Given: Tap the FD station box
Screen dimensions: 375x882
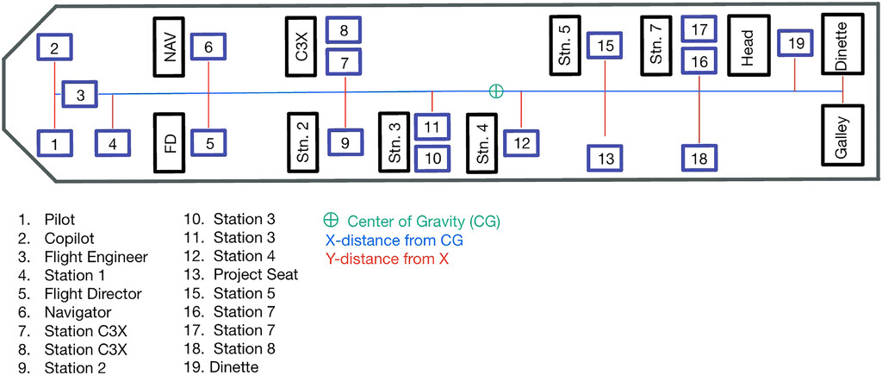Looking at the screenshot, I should pyautogui.click(x=170, y=141).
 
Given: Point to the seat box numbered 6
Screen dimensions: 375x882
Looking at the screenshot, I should pyautogui.click(x=208, y=48).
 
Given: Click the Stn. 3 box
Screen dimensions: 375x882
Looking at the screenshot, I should pyautogui.click(x=394, y=141).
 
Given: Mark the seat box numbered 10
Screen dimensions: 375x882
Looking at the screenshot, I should pyautogui.click(x=433, y=158).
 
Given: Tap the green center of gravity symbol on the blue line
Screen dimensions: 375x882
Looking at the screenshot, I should pyautogui.click(x=495, y=91).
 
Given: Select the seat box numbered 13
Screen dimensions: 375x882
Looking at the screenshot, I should pyautogui.click(x=606, y=159).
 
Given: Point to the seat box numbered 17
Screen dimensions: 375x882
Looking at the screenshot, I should pyautogui.click(x=699, y=29).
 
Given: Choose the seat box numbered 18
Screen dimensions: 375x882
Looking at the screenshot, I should pyautogui.click(x=699, y=159).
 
